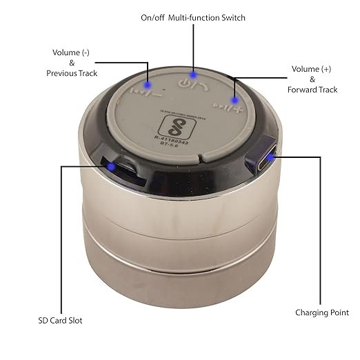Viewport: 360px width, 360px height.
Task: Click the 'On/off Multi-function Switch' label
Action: pos(192,17)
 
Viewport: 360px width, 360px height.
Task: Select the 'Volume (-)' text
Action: pos(72,52)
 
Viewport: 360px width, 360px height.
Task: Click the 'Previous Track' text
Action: pos(72,73)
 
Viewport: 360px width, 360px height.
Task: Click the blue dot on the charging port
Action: pos(271,156)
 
